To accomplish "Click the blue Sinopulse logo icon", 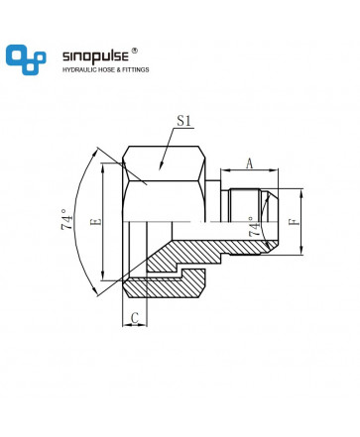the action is pos(26,59).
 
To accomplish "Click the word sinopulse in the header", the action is pos(95,56).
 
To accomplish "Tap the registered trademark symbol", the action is pos(134,51).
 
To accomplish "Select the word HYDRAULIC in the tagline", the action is pos(78,69).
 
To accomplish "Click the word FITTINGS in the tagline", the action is pos(136,69).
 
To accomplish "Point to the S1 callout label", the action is pos(183,121).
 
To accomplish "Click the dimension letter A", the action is pos(250,164).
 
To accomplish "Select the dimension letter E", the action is pos(96,221).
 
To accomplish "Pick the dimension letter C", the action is pos(135,318).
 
